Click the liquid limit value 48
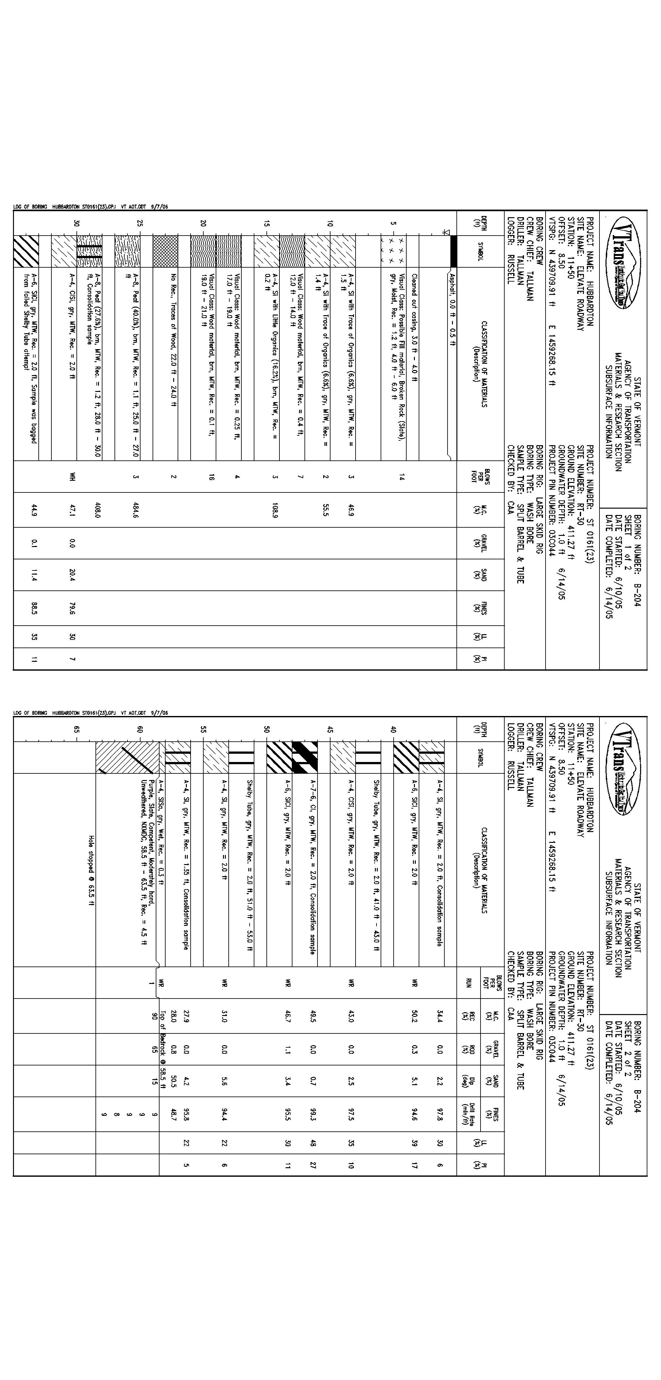point(313,1143)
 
